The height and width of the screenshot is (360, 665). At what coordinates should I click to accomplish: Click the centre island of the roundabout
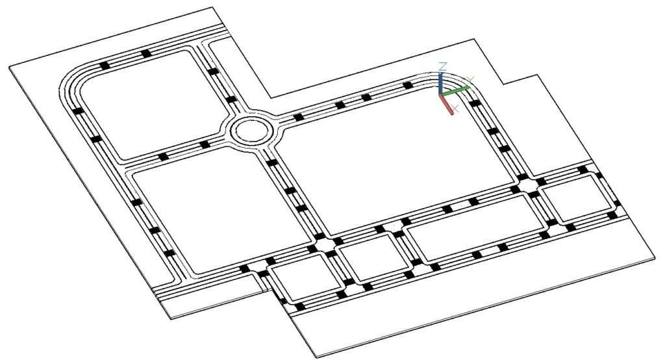click(250, 129)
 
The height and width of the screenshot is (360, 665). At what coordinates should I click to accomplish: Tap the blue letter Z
click(442, 66)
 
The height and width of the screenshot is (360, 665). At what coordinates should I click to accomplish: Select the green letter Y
click(471, 79)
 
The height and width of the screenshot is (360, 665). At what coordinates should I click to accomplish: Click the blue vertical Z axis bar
click(442, 83)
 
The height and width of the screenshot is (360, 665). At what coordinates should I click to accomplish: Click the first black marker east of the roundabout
click(298, 118)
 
